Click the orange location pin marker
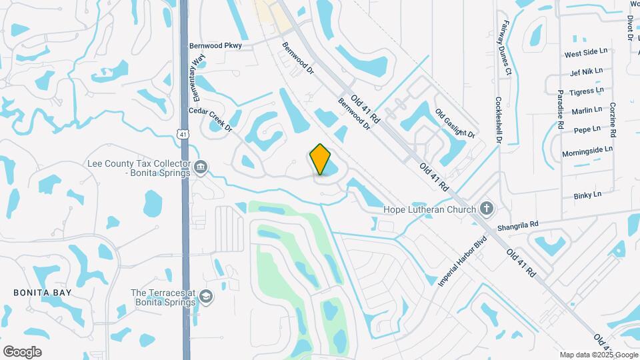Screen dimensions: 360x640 [x=320, y=159]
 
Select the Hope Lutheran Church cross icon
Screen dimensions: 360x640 [x=487, y=209]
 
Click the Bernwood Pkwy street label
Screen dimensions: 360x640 [x=215, y=46]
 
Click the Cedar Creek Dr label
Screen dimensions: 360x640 [x=210, y=119]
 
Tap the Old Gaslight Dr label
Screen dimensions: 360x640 [x=455, y=125]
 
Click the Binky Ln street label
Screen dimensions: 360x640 [x=587, y=195]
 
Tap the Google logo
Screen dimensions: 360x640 [x=22, y=351]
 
